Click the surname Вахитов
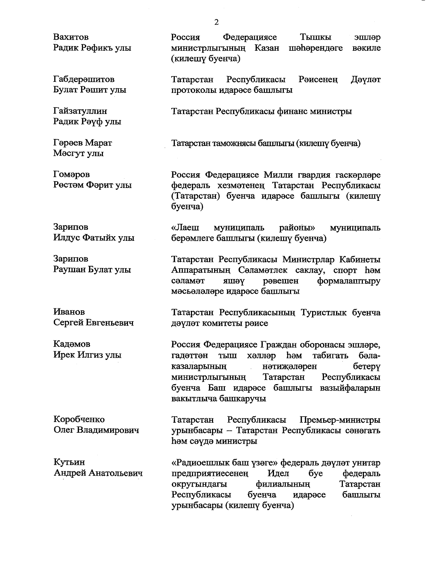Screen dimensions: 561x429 click(71, 37)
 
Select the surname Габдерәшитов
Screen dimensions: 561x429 click(84, 79)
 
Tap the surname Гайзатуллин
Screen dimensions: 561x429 click(80, 111)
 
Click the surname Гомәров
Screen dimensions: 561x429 click(71, 174)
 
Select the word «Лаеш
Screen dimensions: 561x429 click(186, 228)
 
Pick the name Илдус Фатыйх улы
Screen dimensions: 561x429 click(94, 238)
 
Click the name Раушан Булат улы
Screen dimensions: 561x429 click(92, 270)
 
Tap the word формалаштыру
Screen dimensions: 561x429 click(349, 281)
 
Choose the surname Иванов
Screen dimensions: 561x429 click(69, 312)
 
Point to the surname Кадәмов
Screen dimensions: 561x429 click(71, 344)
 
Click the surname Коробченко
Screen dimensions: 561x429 click(79, 419)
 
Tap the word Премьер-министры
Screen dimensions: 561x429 click(340, 419)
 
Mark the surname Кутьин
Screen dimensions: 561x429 click(69, 462)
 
